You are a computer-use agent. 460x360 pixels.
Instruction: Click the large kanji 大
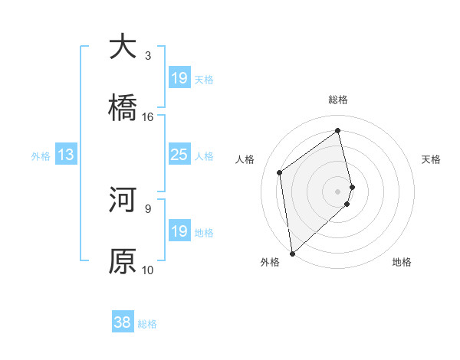click(x=123, y=47)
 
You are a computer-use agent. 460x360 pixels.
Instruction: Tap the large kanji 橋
click(x=123, y=108)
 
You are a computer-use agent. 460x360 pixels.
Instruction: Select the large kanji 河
click(x=123, y=200)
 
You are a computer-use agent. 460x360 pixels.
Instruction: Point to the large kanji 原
click(x=123, y=261)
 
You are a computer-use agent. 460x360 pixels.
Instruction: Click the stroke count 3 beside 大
click(x=148, y=55)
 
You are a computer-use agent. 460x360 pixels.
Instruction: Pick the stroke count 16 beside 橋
click(x=148, y=116)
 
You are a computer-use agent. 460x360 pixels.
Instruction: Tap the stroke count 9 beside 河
click(x=148, y=208)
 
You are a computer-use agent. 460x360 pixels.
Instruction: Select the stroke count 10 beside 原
click(x=148, y=270)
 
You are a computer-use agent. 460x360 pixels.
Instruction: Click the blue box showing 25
click(x=179, y=155)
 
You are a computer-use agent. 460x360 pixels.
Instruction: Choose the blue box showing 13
click(x=65, y=155)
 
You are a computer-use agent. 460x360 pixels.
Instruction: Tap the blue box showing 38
click(x=122, y=322)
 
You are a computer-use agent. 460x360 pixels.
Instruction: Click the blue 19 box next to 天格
click(x=179, y=78)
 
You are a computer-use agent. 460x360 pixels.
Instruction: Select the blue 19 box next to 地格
click(x=179, y=231)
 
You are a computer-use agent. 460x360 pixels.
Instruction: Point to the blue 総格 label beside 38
click(x=147, y=324)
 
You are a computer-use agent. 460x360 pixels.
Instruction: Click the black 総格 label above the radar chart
click(x=338, y=100)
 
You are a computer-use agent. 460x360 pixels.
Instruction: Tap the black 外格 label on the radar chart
click(x=270, y=262)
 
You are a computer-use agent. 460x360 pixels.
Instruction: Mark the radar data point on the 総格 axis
click(x=338, y=130)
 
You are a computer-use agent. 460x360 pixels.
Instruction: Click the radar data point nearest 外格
click(x=291, y=253)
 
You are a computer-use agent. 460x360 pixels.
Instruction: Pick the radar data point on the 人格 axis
click(x=280, y=172)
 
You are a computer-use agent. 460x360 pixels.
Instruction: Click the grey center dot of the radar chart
click(x=338, y=191)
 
